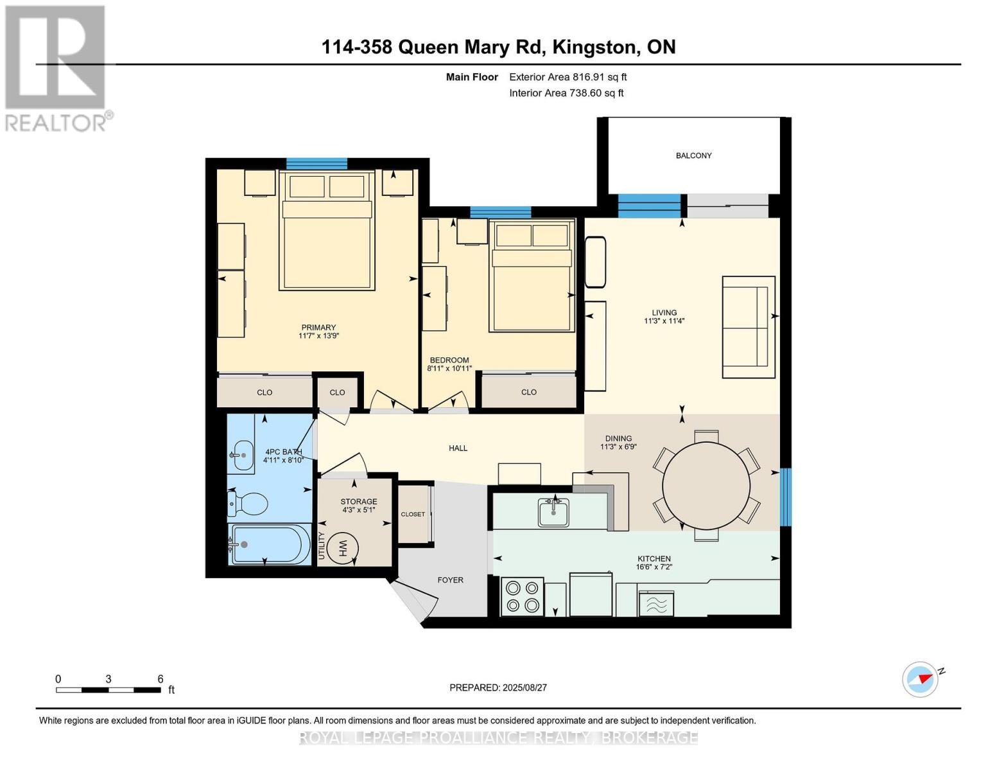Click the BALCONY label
(x=693, y=155)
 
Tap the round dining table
(x=706, y=485)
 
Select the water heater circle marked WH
(x=343, y=548)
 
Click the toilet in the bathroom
(x=248, y=504)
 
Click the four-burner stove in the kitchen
(x=522, y=596)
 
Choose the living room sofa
(x=749, y=327)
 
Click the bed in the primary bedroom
(x=327, y=231)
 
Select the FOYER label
(x=450, y=580)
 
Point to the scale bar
(x=108, y=690)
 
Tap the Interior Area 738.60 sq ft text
(x=566, y=93)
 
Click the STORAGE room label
(x=359, y=501)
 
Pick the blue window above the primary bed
(x=316, y=163)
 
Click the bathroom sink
(x=242, y=456)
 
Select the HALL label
(x=458, y=448)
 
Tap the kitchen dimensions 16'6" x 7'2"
(x=654, y=567)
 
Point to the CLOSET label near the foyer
(x=413, y=514)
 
